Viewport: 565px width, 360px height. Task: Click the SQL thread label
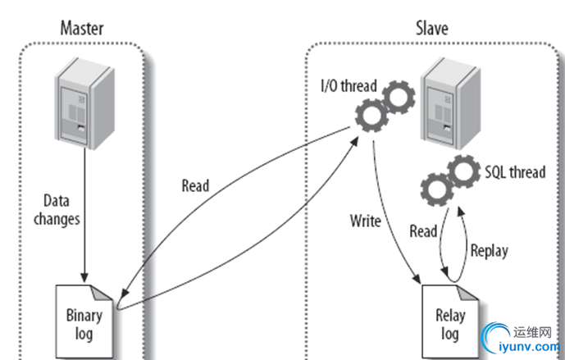(x=514, y=172)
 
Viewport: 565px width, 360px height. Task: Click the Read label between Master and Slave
(x=195, y=185)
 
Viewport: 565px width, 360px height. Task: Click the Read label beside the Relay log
(x=423, y=232)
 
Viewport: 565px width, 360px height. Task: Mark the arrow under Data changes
(x=83, y=238)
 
